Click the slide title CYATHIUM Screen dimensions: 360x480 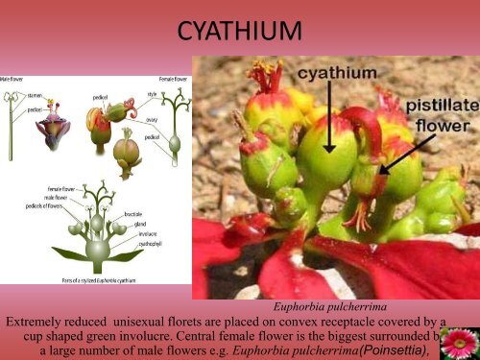(239, 36)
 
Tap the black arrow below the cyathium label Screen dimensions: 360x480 (327, 115)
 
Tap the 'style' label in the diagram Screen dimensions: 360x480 (151, 92)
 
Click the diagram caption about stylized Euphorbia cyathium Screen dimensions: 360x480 (95, 277)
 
